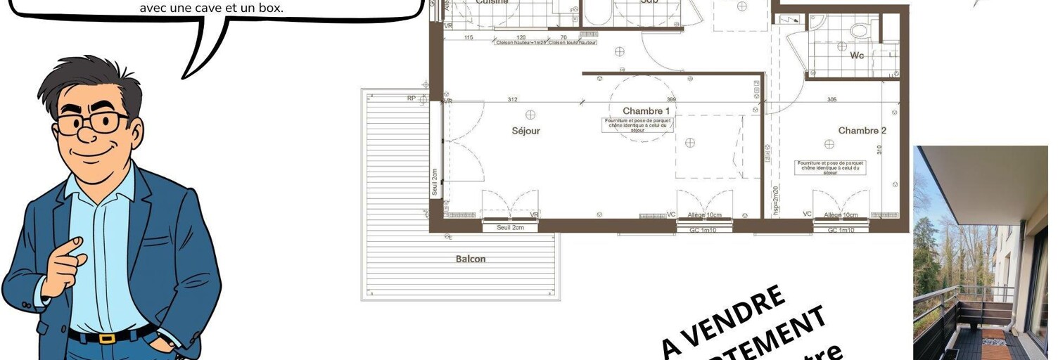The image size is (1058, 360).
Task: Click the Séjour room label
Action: [526, 131]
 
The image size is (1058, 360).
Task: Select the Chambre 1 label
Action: [646, 111]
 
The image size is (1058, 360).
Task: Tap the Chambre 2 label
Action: [862, 131]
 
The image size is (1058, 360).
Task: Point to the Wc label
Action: [857, 55]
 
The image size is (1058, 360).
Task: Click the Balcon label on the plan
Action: [471, 259]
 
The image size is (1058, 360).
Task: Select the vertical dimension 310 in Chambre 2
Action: [880, 150]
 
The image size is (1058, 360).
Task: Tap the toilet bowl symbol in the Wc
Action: [858, 30]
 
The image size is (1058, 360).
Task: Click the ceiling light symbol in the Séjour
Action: [530, 114]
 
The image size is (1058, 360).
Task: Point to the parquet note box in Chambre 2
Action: [831, 167]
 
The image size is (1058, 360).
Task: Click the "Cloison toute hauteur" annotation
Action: [572, 43]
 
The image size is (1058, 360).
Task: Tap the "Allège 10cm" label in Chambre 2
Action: [841, 215]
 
